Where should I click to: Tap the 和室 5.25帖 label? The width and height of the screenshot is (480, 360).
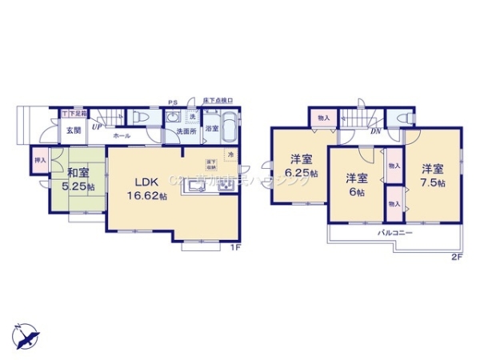coord(78,178)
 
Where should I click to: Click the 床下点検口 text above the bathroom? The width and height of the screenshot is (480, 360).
coord(218,102)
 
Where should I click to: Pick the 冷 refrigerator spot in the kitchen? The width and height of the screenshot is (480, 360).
coord(230,154)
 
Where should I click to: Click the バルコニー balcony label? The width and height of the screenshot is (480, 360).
coord(395,232)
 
